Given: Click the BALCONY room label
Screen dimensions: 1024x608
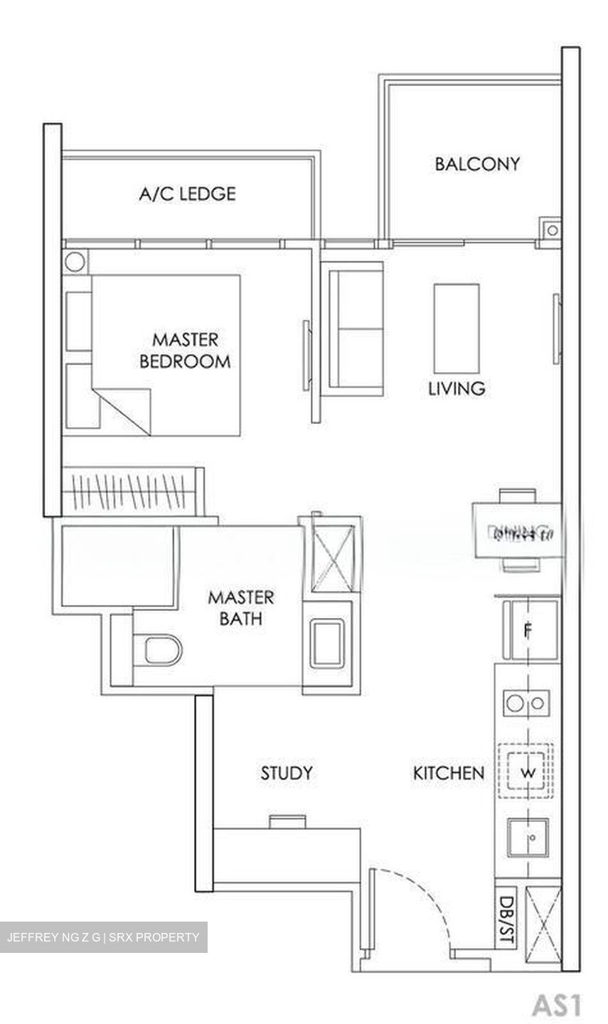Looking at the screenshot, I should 477,164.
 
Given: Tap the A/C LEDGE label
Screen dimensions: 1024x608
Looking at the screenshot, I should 187,193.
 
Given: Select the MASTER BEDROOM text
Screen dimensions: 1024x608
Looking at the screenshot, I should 185,350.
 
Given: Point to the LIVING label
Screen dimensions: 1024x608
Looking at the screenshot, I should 457,388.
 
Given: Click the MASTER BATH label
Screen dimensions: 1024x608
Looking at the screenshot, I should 240,607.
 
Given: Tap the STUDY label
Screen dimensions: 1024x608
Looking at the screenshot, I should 286,773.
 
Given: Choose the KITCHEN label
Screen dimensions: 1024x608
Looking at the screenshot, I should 449,773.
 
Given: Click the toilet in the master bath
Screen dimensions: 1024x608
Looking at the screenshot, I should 161,650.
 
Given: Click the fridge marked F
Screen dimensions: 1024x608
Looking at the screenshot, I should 528,630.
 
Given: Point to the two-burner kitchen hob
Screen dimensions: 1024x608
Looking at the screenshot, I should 527,703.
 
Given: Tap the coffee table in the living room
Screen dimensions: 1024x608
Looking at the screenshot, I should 457,326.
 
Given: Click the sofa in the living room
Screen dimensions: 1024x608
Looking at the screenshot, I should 353,328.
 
